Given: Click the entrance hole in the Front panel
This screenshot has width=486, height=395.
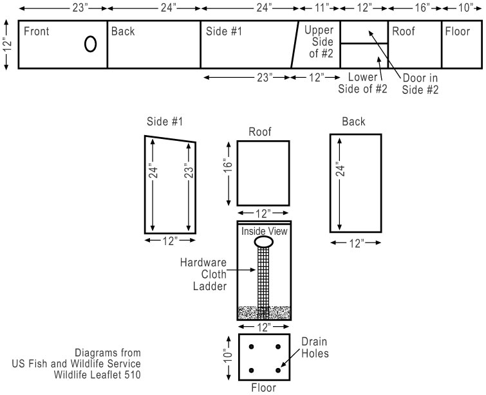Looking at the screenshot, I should click(x=91, y=43).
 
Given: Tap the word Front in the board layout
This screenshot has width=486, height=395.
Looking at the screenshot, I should click(x=37, y=31).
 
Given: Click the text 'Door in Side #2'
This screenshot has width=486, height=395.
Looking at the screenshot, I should click(x=420, y=84).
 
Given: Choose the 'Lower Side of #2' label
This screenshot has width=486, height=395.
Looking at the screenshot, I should click(x=363, y=83).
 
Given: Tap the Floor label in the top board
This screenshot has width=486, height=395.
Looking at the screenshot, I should click(x=458, y=31).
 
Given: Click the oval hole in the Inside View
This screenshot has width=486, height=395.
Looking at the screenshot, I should click(x=264, y=242).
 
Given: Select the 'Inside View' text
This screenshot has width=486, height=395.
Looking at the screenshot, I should click(x=264, y=230).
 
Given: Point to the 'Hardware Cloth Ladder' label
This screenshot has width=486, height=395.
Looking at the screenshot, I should click(x=204, y=273).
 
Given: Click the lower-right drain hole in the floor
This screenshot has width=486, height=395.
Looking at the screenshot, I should click(x=278, y=370).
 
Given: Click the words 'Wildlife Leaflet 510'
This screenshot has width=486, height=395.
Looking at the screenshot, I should click(x=97, y=373).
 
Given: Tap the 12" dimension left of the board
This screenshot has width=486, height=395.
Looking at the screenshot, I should click(x=7, y=44).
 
